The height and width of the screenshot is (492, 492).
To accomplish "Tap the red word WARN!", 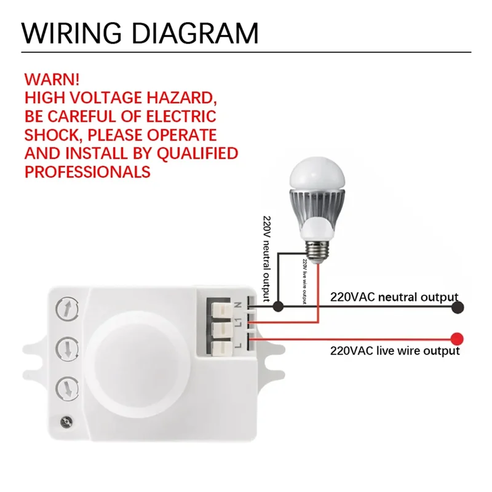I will [x=52, y=80].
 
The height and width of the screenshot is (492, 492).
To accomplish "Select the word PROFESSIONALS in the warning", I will [x=88, y=171].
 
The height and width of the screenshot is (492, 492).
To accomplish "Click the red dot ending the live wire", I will [x=456, y=338].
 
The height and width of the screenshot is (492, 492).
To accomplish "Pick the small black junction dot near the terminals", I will [x=278, y=305].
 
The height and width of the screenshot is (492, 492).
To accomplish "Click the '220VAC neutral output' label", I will [x=394, y=296].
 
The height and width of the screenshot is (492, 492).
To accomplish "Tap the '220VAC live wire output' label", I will [x=394, y=351].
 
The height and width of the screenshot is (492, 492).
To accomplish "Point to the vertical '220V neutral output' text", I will [x=267, y=258].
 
